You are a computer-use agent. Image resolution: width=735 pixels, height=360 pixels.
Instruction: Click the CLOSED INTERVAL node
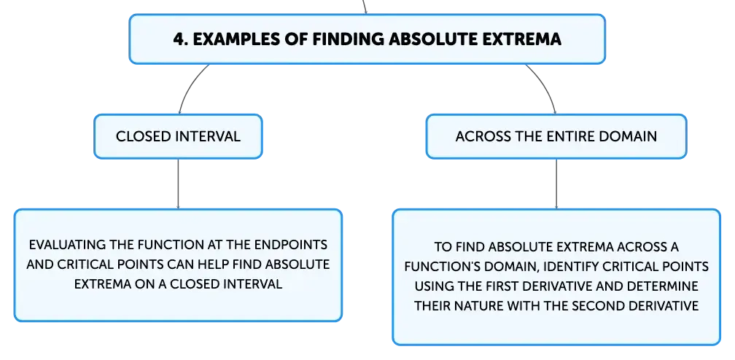coord(178,136)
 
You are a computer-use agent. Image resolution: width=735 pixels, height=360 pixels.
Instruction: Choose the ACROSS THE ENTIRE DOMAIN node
coord(556,136)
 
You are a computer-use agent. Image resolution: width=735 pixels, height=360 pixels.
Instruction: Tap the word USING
coord(433,286)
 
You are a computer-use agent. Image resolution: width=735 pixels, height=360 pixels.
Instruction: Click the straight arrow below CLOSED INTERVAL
coord(178,184)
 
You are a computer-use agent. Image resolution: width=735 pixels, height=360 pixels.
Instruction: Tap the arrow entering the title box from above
coord(365,7)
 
